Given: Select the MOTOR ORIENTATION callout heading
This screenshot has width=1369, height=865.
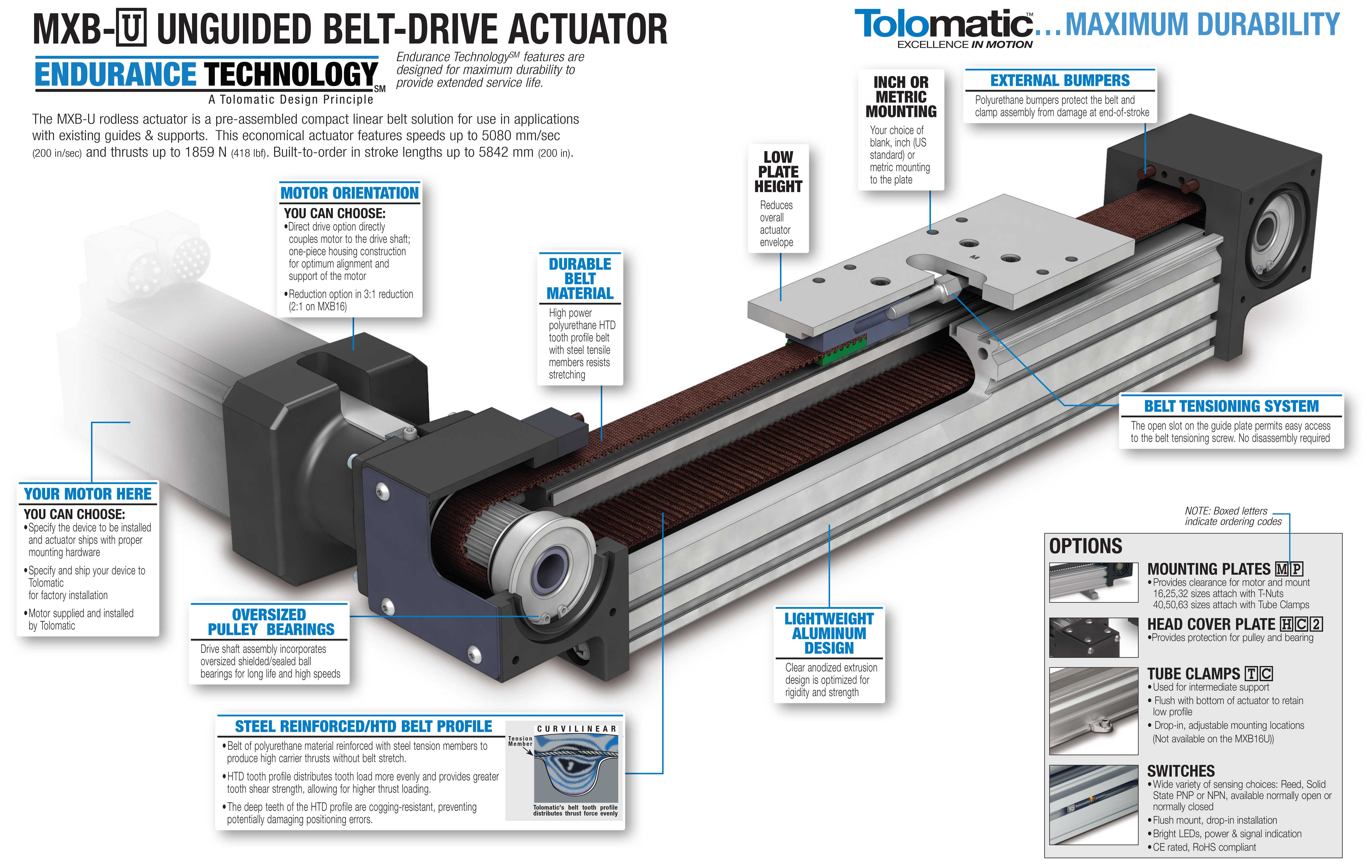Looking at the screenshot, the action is [350, 193].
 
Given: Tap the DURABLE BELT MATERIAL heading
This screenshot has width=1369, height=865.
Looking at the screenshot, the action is [580, 279].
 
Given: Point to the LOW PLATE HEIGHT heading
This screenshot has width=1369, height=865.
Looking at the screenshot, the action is [778, 172].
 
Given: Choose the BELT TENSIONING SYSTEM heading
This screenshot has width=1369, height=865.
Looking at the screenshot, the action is [1232, 406].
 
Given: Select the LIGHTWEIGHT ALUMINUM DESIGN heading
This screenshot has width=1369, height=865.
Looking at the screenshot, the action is [829, 633].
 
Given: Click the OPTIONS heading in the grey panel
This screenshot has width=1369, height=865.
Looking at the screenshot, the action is [1085, 546].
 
